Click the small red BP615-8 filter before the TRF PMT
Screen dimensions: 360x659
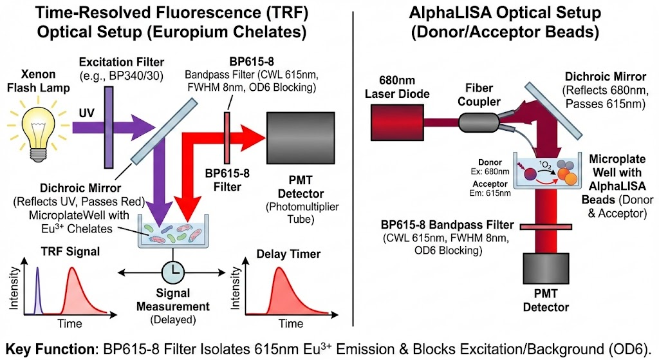(227, 138)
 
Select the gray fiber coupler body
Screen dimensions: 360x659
(478, 123)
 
